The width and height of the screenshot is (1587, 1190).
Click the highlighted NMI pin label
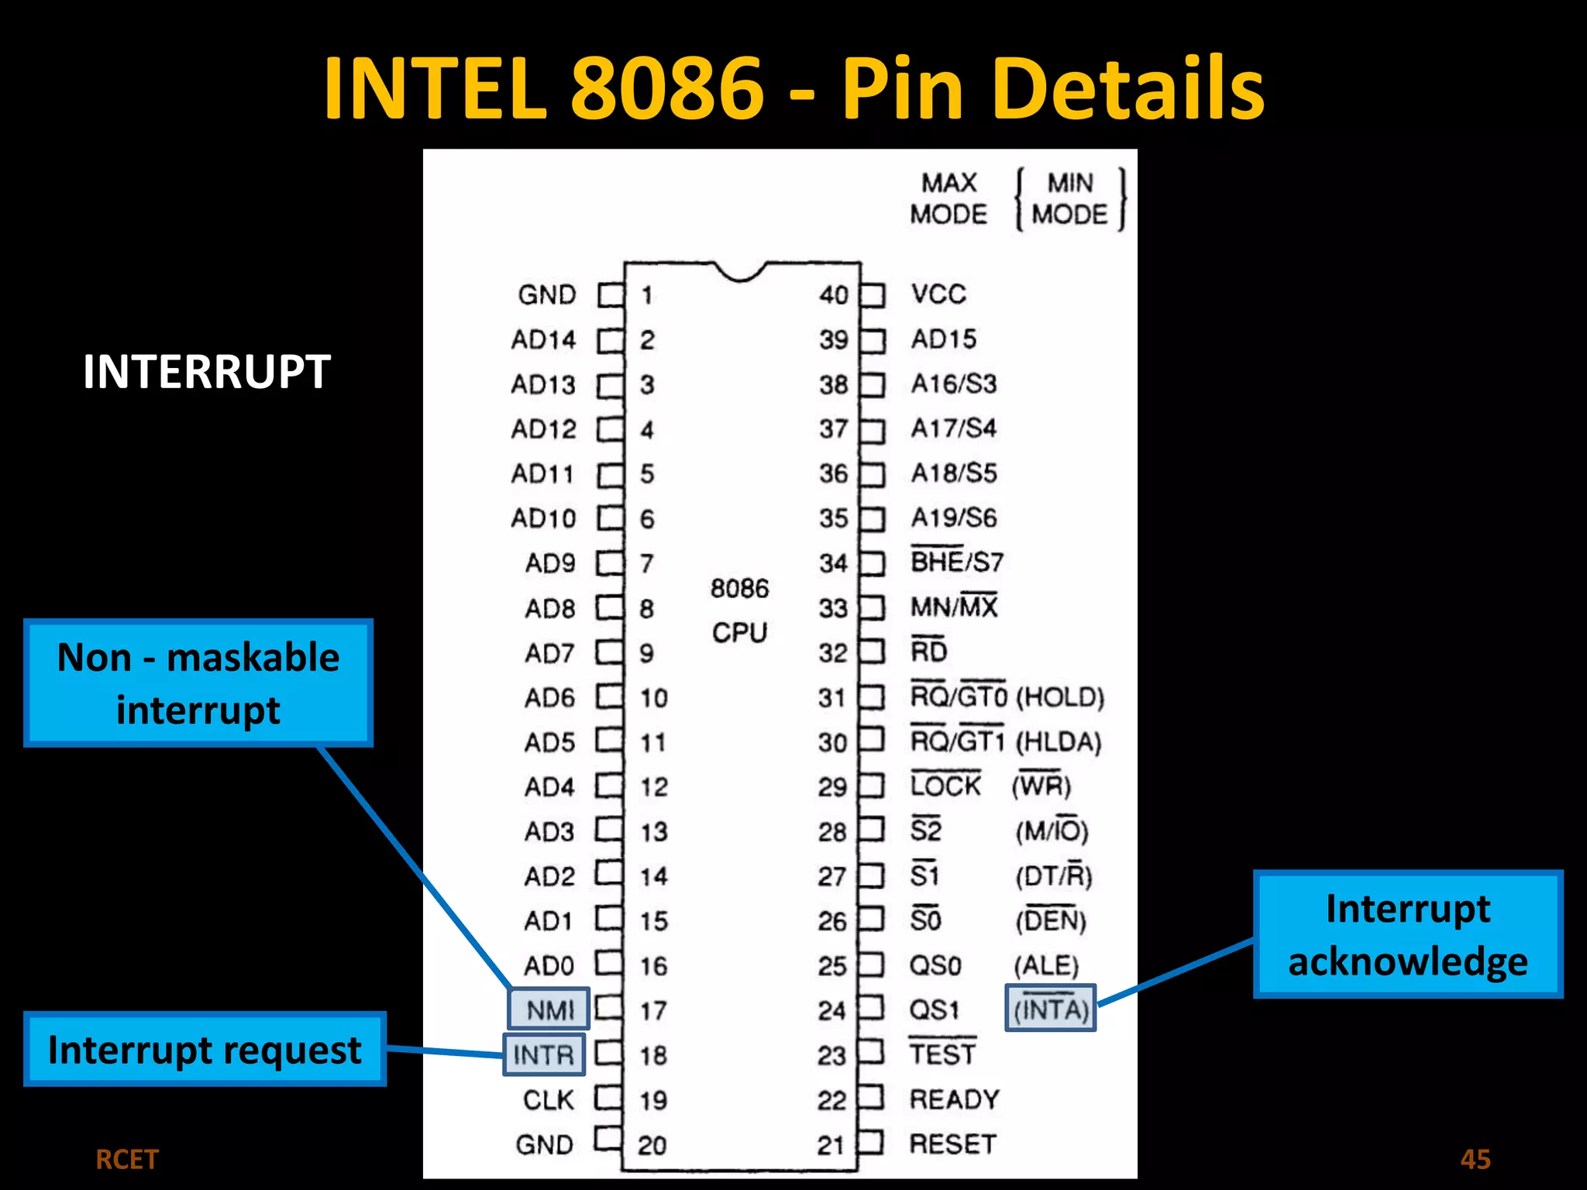pyautogui.click(x=549, y=1009)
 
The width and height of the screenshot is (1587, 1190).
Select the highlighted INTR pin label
pyautogui.click(x=544, y=1054)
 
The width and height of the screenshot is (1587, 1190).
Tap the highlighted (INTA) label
pyautogui.click(x=1051, y=1008)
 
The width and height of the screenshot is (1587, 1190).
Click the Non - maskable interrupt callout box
pyautogui.click(x=198, y=683)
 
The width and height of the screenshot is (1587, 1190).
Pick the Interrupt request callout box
pyautogui.click(x=205, y=1050)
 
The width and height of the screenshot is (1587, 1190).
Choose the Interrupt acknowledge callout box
pyautogui.click(x=1407, y=934)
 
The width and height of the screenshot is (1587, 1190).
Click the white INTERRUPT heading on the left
pyautogui.click(x=207, y=372)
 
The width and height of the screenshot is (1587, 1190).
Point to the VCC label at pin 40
pyautogui.click(x=938, y=294)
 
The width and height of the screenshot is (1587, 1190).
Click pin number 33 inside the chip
pyautogui.click(x=833, y=608)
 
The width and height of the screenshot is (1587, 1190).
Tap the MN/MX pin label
pyautogui.click(x=954, y=607)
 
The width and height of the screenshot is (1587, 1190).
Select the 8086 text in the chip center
pyautogui.click(x=739, y=588)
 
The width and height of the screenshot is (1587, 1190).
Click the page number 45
pyautogui.click(x=1475, y=1159)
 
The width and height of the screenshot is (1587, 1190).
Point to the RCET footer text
pyautogui.click(x=126, y=1160)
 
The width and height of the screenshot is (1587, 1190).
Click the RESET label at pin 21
pyautogui.click(x=952, y=1144)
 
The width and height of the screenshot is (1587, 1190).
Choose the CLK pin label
pyautogui.click(x=548, y=1099)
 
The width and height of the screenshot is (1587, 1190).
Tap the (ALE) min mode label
pyautogui.click(x=1046, y=965)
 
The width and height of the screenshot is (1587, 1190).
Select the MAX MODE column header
pyautogui.click(x=948, y=198)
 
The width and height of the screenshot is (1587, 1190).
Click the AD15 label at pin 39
pyautogui.click(x=943, y=339)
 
